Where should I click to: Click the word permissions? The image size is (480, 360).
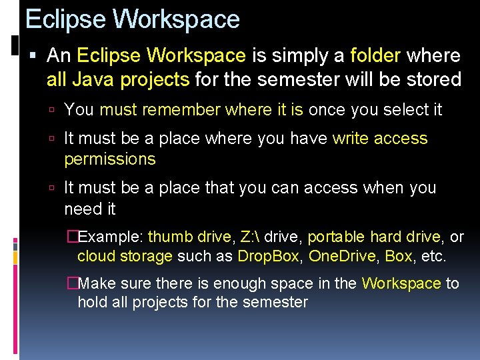110,159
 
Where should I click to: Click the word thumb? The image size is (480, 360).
169,237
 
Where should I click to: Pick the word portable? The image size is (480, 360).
336,237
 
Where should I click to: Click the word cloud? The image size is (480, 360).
97,257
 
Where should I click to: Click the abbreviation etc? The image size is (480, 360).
434,257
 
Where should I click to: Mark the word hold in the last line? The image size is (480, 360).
91,303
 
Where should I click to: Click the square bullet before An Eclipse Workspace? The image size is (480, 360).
33,55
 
